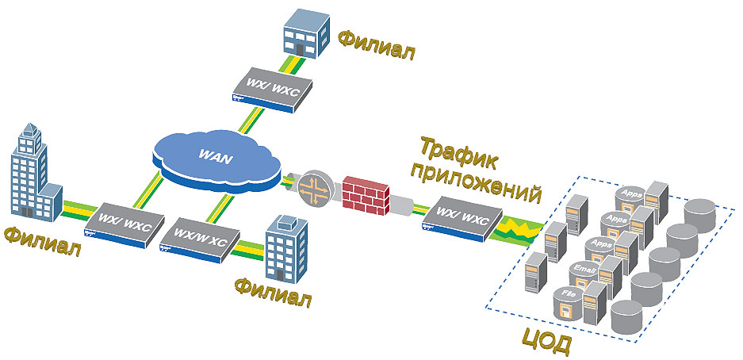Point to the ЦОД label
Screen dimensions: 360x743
pyautogui.click(x=546, y=343)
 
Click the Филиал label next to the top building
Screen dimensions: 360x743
pyautogui.click(x=376, y=44)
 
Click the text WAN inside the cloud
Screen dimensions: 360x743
pyautogui.click(x=215, y=158)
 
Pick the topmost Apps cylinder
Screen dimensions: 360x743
pyautogui.click(x=631, y=195)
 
